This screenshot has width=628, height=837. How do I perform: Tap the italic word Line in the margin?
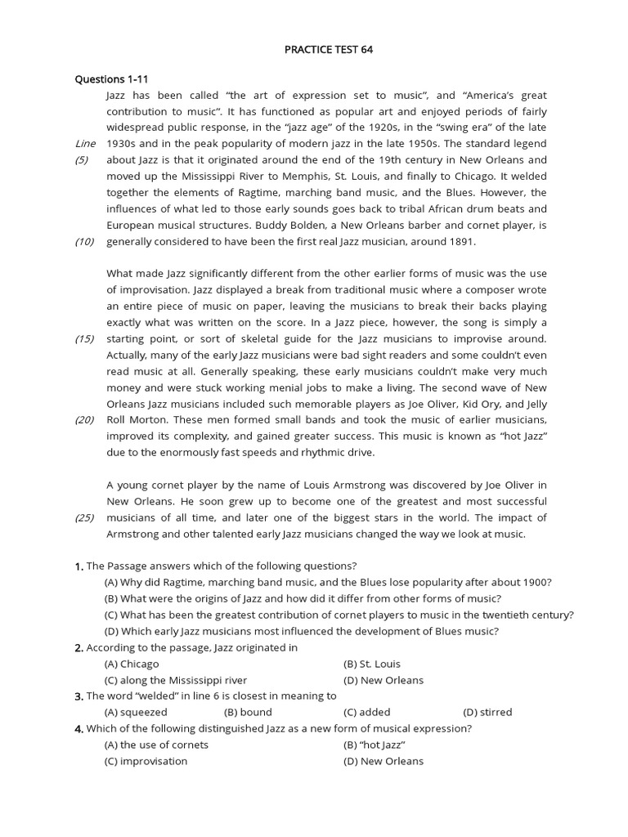[86, 143]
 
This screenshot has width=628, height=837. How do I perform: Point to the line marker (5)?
[82, 159]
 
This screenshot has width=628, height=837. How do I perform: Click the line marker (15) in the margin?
[85, 338]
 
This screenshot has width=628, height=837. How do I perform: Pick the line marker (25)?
[85, 517]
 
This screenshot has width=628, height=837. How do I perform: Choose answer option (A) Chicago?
[132, 664]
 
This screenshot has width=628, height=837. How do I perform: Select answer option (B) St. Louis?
[372, 664]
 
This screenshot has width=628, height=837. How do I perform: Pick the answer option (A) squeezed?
[136, 712]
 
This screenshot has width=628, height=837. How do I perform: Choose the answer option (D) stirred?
[487, 712]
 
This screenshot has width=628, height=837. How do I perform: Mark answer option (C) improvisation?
[146, 761]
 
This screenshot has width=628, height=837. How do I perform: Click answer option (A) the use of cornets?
[156, 745]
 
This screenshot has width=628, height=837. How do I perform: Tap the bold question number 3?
[78, 696]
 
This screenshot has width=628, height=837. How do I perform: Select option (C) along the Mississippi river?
[175, 680]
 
